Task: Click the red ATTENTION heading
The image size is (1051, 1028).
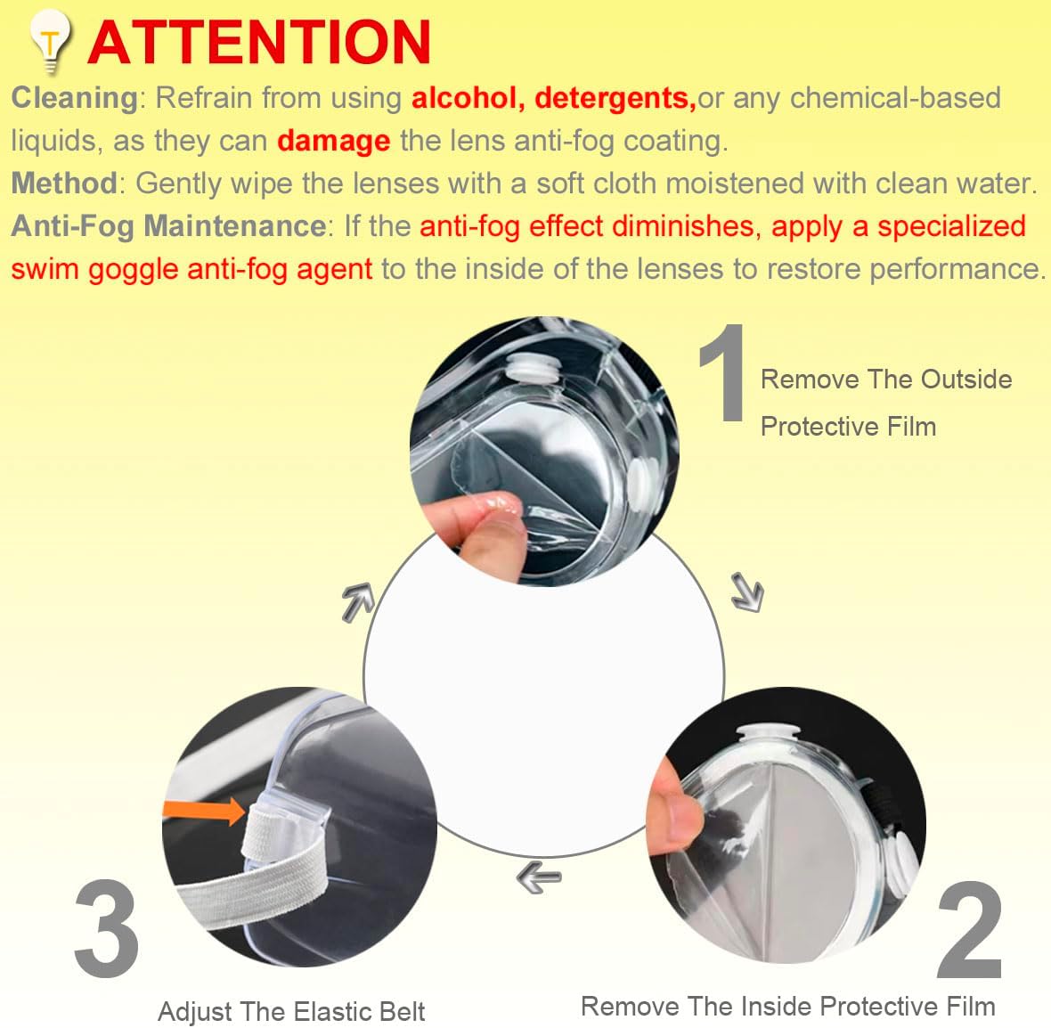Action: [x=259, y=42]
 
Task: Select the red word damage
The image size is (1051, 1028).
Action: [x=333, y=141]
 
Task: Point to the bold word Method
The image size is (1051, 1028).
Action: [x=64, y=184]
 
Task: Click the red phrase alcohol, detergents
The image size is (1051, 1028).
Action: [x=553, y=98]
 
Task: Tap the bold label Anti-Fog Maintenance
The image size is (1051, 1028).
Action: [x=168, y=226]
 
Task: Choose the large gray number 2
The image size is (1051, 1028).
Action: [x=969, y=930]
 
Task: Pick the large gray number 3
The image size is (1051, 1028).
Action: [x=106, y=928]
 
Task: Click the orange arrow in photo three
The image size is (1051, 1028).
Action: [x=204, y=811]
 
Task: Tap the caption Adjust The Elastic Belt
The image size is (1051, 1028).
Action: [x=291, y=1012]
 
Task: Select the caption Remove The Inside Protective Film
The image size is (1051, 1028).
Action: [x=788, y=1007]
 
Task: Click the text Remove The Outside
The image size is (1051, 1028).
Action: [x=886, y=379]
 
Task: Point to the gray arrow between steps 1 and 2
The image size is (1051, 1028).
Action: [x=746, y=592]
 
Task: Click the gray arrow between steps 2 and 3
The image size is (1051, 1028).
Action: [x=539, y=877]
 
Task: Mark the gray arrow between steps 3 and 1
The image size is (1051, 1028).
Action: [x=357, y=601]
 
